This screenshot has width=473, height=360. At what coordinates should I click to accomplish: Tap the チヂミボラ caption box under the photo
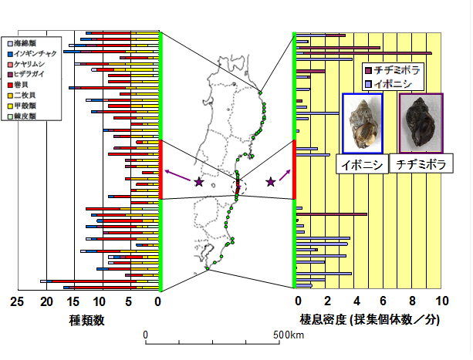click(x=421, y=165)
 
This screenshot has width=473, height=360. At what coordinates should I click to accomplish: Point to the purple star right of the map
click(x=271, y=182)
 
